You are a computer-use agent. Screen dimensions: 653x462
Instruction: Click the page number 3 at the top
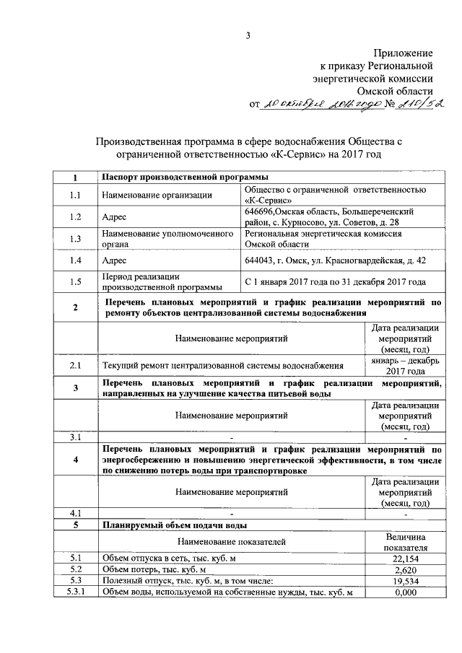(247, 35)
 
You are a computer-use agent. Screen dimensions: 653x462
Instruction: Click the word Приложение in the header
(404, 53)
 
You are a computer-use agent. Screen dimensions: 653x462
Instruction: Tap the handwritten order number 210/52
(418, 104)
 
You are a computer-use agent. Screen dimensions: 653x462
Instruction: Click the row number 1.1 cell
(75, 195)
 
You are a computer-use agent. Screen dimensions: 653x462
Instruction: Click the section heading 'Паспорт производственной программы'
(186, 177)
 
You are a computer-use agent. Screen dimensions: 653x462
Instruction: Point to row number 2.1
(75, 366)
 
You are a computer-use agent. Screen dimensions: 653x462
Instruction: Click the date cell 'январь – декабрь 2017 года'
(404, 366)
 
